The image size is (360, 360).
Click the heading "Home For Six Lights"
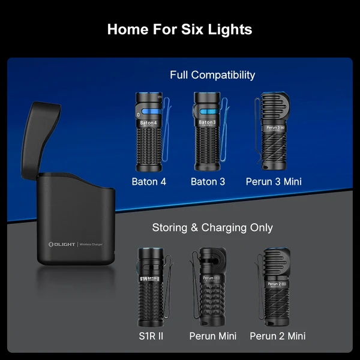pyautogui.click(x=179, y=29)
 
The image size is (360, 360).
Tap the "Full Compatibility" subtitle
pyautogui.click(x=212, y=75)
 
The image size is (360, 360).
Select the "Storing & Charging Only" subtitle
pyautogui.click(x=212, y=227)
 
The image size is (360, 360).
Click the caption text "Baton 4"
pyautogui.click(x=149, y=181)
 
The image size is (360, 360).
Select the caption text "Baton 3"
pyautogui.click(x=208, y=181)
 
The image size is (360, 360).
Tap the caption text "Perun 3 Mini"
pyautogui.click(x=274, y=181)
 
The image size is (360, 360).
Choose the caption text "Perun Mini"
pyautogui.click(x=212, y=336)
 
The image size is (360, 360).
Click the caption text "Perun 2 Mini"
pyautogui.click(x=277, y=336)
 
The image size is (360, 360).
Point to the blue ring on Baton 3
pyautogui.click(x=208, y=113)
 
